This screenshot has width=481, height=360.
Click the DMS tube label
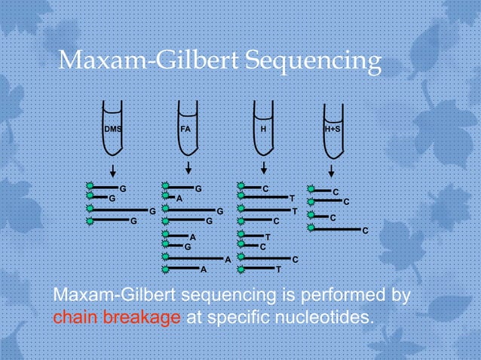pyautogui.click(x=112, y=129)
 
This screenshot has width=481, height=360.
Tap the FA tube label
pyautogui.click(x=185, y=129)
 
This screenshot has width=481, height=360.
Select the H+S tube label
pyautogui.click(x=332, y=129)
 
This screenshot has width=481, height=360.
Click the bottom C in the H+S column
pyautogui.click(x=366, y=230)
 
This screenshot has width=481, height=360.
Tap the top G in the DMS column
pyautogui.click(x=123, y=187)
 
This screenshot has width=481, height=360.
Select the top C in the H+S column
pyautogui.click(x=335, y=192)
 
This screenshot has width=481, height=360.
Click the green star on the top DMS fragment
pyautogui.click(x=90, y=185)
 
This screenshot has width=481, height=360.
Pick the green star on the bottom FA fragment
pyautogui.click(x=165, y=267)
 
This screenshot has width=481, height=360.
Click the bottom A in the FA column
pyautogui.click(x=203, y=269)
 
